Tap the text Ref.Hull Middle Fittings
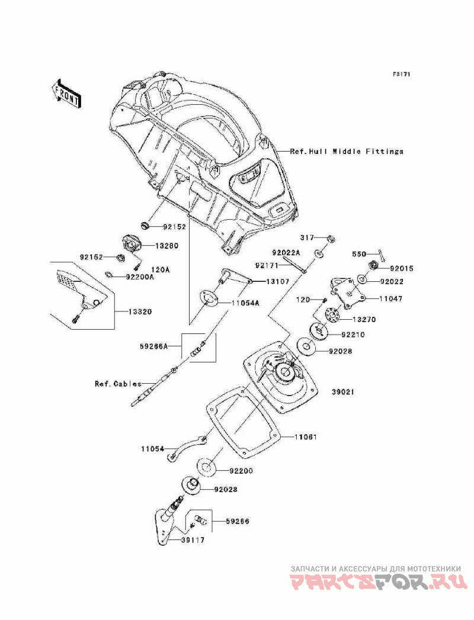[x=347, y=152]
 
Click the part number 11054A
[x=246, y=303]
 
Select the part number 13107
[x=277, y=282]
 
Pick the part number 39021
[x=336, y=392]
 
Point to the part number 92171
[x=267, y=265]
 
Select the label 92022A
[x=287, y=253]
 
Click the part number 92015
[x=402, y=268]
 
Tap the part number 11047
[x=390, y=299]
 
